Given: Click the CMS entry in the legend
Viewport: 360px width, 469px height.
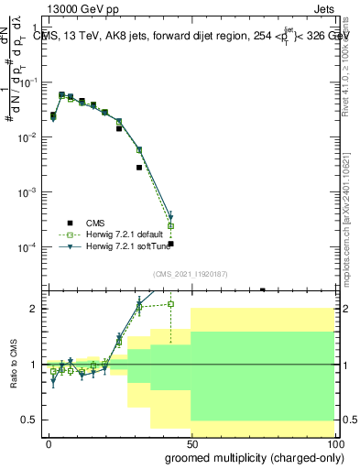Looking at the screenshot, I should (x=95, y=222).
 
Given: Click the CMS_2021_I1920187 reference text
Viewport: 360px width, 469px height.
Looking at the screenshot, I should (x=189, y=275).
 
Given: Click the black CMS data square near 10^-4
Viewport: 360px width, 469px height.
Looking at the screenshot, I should (x=171, y=245).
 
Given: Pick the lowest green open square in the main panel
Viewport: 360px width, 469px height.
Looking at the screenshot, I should (x=171, y=225).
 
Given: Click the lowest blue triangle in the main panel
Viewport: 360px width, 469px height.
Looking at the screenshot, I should (x=171, y=218).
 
